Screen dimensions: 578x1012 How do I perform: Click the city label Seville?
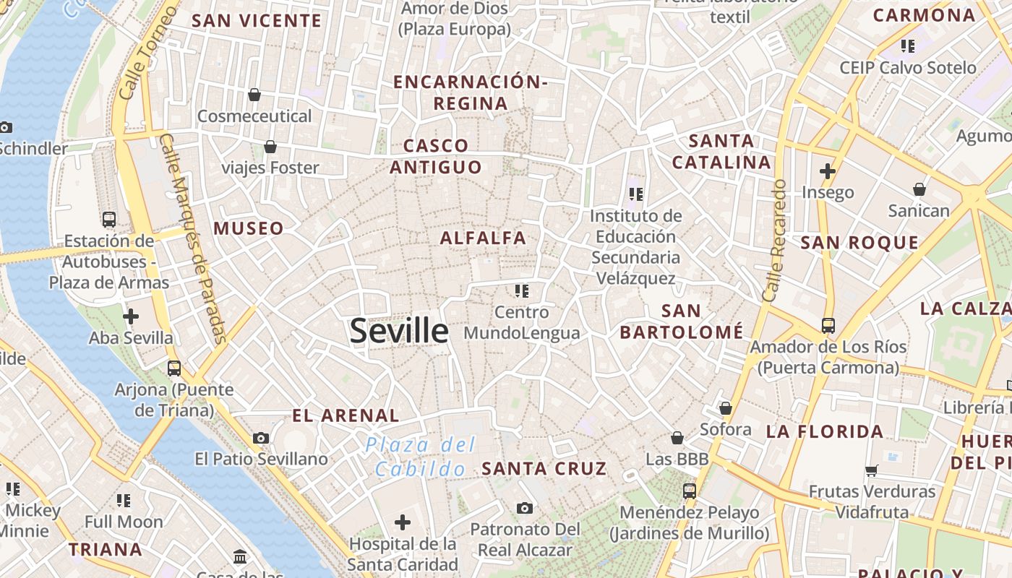click(399, 331)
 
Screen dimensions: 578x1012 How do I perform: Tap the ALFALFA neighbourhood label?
click(483, 238)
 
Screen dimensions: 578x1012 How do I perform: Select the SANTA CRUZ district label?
click(544, 468)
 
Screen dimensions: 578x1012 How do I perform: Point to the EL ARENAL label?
click(346, 415)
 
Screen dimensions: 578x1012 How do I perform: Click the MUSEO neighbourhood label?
click(249, 228)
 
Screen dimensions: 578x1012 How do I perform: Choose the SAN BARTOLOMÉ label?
click(682, 322)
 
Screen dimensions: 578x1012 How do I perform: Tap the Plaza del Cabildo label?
click(420, 457)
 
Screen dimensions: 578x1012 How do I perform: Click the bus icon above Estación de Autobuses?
click(109, 219)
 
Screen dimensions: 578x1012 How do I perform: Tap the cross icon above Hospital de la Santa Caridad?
click(403, 522)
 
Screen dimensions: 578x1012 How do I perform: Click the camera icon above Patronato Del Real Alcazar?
click(525, 508)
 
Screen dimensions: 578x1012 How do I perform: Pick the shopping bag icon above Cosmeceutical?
click(254, 94)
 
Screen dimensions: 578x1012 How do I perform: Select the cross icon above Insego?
click(828, 171)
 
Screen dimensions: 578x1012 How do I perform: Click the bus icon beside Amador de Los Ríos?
click(828, 325)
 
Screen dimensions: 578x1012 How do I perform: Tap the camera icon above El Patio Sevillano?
click(261, 438)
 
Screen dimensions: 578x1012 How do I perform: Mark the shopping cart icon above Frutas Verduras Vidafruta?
click(872, 470)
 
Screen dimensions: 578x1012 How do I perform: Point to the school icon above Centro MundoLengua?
click(522, 291)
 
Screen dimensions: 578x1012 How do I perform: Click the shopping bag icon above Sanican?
click(919, 189)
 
